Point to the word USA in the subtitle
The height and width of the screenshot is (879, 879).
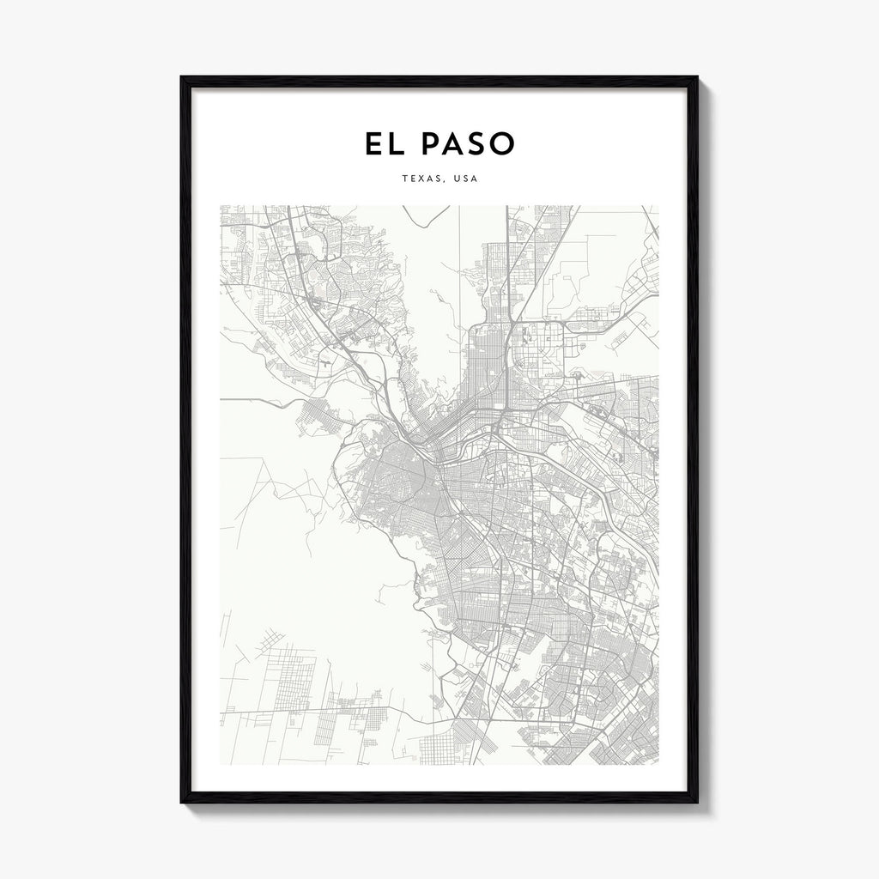pos(466,179)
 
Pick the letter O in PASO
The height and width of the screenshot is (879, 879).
pos(501,144)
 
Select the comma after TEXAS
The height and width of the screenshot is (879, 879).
pos(446,183)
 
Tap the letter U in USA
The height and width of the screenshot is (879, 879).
pos(458,179)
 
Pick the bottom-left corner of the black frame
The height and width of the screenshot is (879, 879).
pos(182,802)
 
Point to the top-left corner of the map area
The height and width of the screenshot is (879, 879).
pos(221,205)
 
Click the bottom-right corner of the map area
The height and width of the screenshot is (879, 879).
pos(658,764)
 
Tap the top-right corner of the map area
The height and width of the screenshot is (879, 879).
pos(658,205)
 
